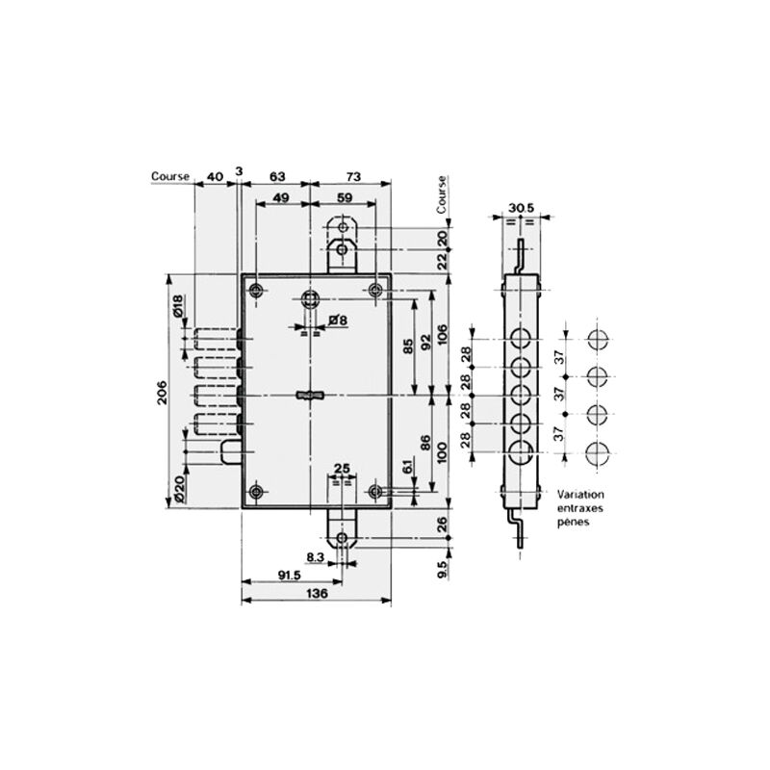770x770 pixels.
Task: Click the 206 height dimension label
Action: point(162,392)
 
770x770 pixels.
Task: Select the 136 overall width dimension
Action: point(317,593)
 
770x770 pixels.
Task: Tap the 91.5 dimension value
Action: point(290,575)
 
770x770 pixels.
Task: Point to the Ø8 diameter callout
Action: point(338,321)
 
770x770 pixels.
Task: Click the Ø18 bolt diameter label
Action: point(178,305)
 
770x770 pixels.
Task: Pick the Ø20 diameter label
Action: point(179,489)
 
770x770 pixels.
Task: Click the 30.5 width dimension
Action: point(521,208)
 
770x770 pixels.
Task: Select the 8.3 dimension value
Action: point(316,557)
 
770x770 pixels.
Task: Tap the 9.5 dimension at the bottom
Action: point(442,569)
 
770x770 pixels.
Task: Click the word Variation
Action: point(580,495)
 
